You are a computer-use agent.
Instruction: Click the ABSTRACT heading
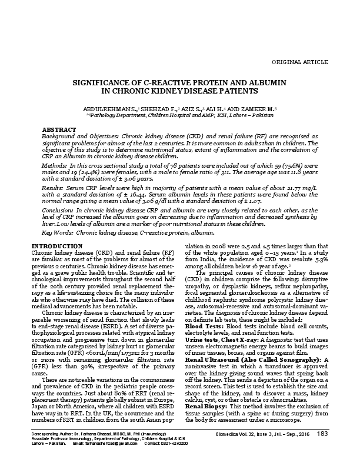[62, 128]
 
